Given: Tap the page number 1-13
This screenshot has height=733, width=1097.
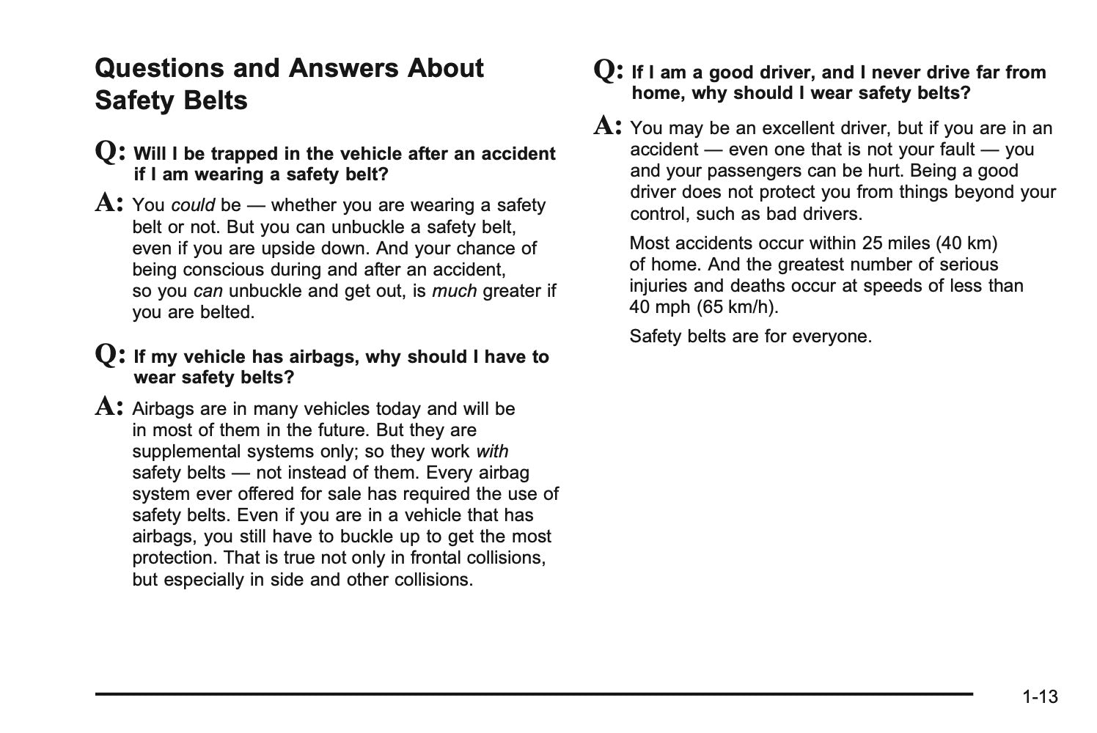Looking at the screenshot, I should pyautogui.click(x=1041, y=696).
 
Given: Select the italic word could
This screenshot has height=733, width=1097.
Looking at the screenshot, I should pyautogui.click(x=193, y=205).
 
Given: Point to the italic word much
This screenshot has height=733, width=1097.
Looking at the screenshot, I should pyautogui.click(x=454, y=291).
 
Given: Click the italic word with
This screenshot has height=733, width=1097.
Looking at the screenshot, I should pyautogui.click(x=492, y=452).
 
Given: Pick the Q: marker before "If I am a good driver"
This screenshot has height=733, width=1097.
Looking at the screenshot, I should pyautogui.click(x=609, y=70).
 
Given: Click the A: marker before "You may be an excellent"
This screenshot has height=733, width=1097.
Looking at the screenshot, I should pyautogui.click(x=609, y=126).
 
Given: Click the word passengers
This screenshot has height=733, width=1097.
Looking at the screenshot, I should pyautogui.click(x=741, y=172).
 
